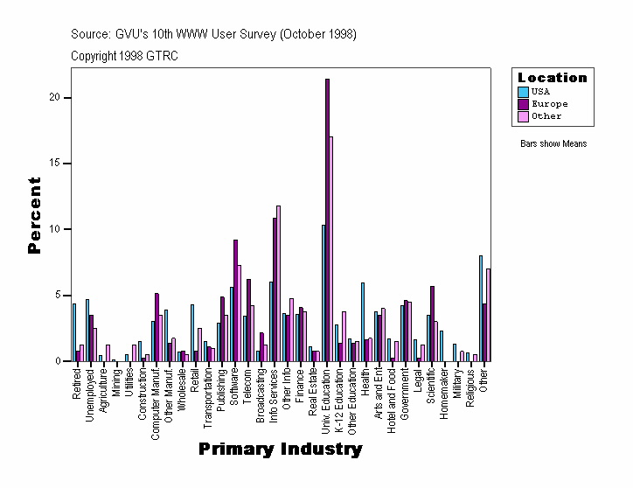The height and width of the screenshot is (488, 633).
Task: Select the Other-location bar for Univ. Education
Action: tap(331, 249)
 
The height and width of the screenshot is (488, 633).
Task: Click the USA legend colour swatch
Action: tap(523, 91)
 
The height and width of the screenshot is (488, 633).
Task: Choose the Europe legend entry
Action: tap(549, 103)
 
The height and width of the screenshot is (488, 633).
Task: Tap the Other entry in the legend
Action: tap(546, 115)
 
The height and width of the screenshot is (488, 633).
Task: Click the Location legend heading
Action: tap(553, 78)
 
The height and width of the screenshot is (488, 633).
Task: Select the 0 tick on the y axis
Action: tap(57, 361)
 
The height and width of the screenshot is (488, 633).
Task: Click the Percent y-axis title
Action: tap(35, 215)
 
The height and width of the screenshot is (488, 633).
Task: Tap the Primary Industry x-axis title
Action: tap(280, 450)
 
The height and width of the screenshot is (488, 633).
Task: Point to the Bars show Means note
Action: tap(553, 143)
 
